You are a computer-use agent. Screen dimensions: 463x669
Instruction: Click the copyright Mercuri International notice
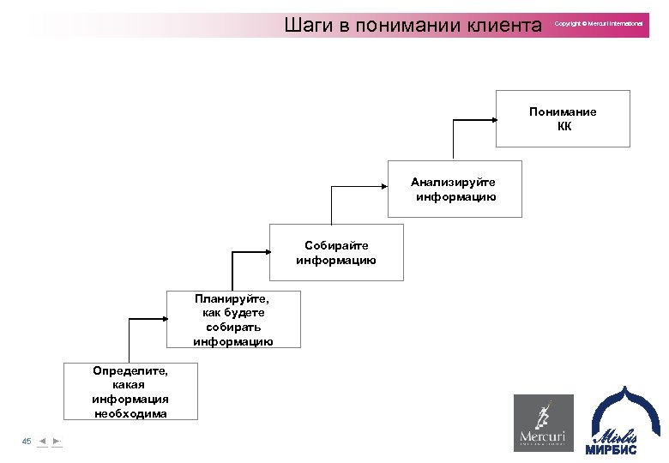598,24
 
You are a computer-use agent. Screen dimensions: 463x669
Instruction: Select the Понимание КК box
563,118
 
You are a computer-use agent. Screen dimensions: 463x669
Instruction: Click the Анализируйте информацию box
454,189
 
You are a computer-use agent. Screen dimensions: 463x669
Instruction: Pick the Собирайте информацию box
336,252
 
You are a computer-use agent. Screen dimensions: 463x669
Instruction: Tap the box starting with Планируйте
233,319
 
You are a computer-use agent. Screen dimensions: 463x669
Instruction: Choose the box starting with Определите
130,391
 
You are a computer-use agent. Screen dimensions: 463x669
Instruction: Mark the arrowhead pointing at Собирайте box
265,252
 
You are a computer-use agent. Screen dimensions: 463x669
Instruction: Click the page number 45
27,441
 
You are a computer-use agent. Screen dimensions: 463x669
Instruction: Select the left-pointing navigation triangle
42,441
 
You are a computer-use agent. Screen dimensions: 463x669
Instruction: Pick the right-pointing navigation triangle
57,441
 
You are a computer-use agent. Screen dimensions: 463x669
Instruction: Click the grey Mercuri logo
543,422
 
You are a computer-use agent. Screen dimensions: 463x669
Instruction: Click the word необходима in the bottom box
130,413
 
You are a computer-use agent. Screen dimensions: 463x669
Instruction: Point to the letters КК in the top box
563,127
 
